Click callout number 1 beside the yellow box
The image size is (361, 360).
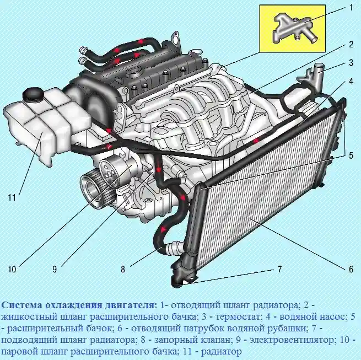tap(350, 8)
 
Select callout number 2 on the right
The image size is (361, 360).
tap(351, 44)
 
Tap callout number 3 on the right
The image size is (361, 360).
tap(351, 62)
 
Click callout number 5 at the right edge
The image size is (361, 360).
tap(351, 156)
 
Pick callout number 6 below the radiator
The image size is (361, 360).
tap(351, 270)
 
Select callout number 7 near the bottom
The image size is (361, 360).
tap(279, 270)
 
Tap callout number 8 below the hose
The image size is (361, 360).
tap(123, 270)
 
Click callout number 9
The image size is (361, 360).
tap(55, 270)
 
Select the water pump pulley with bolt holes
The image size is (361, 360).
tap(115, 168)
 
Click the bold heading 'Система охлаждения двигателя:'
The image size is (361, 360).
tap(79, 305)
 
